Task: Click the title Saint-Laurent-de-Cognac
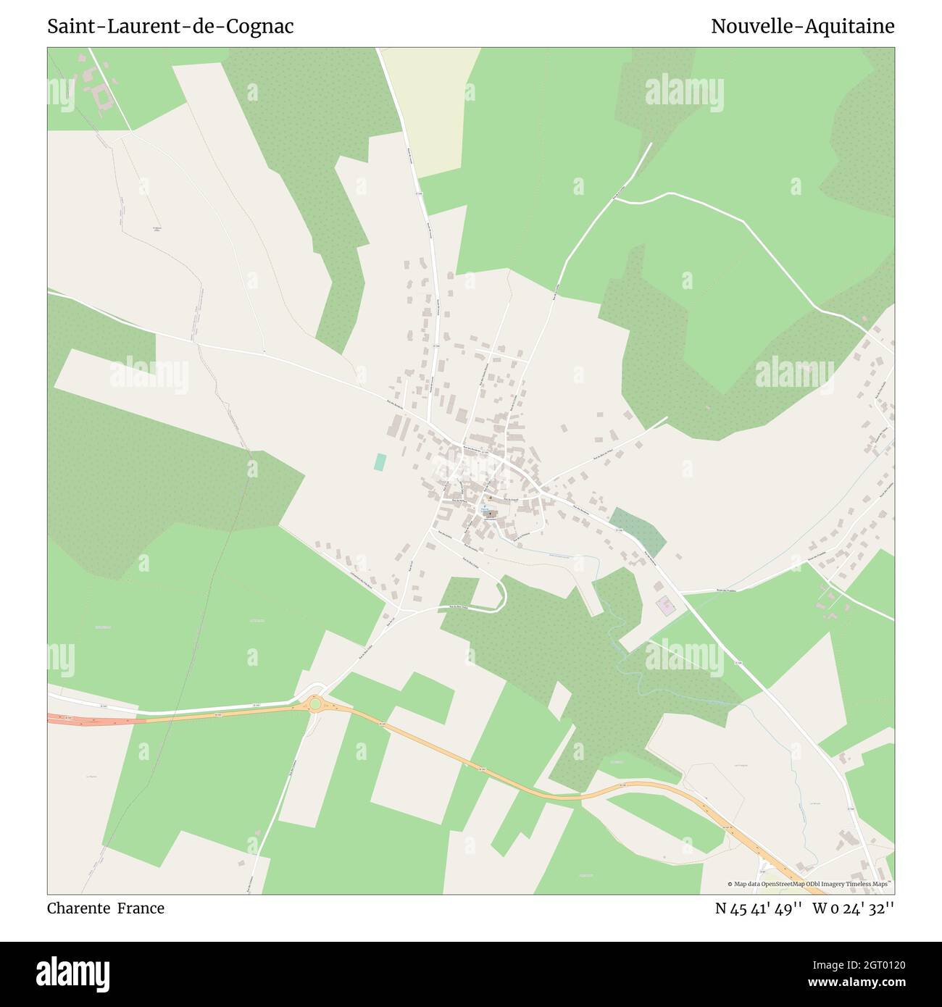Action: pyautogui.click(x=170, y=27)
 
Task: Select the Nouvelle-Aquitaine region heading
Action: pyautogui.click(x=802, y=27)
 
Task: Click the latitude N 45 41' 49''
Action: pyautogui.click(x=758, y=908)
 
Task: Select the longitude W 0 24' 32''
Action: pyautogui.click(x=854, y=908)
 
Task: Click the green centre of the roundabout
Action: pyautogui.click(x=314, y=703)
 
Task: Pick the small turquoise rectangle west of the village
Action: pyautogui.click(x=380, y=462)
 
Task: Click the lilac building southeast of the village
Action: pyautogui.click(x=664, y=603)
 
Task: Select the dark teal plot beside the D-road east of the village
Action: pyautogui.click(x=637, y=531)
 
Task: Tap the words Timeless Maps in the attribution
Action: pyautogui.click(x=870, y=884)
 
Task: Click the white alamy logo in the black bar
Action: pyautogui.click(x=73, y=973)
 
